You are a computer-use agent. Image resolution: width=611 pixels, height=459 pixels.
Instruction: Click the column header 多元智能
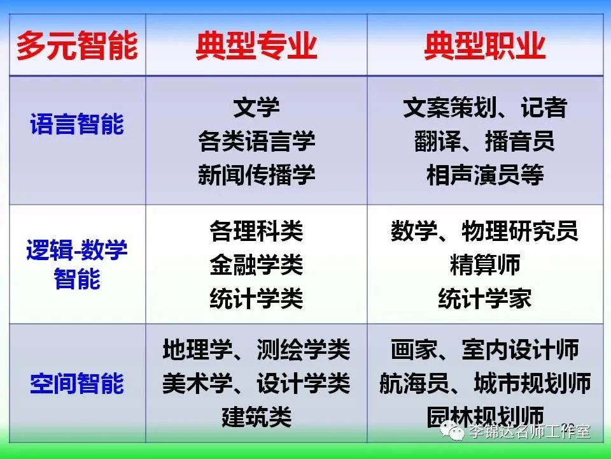pyautogui.click(x=77, y=46)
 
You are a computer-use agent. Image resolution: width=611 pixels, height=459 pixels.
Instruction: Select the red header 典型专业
pyautogui.click(x=256, y=46)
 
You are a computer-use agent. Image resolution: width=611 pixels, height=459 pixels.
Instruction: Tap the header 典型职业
pyautogui.click(x=485, y=46)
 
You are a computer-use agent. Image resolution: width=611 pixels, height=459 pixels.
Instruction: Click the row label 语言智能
pyautogui.click(x=77, y=124)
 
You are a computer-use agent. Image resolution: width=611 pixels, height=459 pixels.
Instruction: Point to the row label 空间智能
pyautogui.click(x=77, y=383)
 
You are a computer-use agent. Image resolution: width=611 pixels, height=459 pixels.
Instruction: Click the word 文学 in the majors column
pyautogui.click(x=256, y=107)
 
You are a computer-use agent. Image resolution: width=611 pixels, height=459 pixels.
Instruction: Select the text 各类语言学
pyautogui.click(x=256, y=141)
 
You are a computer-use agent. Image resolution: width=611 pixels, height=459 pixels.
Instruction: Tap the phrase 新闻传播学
pyautogui.click(x=256, y=175)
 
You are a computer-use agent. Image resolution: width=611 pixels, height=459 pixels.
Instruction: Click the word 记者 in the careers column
pyautogui.click(x=544, y=107)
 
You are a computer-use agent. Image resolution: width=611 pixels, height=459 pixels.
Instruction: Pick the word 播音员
pyautogui.click(x=520, y=141)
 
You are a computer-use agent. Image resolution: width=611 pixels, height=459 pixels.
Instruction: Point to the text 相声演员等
pyautogui.click(x=485, y=175)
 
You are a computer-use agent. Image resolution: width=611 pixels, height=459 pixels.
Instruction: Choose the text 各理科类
pyautogui.click(x=256, y=231)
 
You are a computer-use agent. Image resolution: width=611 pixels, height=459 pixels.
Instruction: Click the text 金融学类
pyautogui.click(x=256, y=265)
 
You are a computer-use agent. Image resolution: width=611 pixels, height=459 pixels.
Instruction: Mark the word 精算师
pyautogui.click(x=485, y=265)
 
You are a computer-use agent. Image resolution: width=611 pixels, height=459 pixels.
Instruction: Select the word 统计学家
pyautogui.click(x=485, y=298)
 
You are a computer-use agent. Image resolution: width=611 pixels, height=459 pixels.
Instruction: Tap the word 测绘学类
pyautogui.click(x=304, y=349)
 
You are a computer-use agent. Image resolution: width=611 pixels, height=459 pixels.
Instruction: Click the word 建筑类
pyautogui.click(x=256, y=417)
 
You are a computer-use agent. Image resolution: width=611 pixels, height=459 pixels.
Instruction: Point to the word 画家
pyautogui.click(x=414, y=349)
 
